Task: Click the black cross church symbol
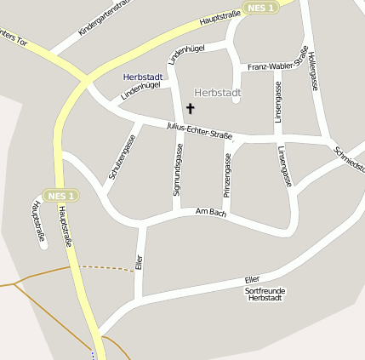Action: click(190, 108)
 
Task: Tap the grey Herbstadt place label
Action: click(218, 92)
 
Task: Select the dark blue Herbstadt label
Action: click(142, 77)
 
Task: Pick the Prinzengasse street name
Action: click(227, 175)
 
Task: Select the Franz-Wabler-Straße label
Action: click(277, 63)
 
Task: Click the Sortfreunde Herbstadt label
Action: click(265, 294)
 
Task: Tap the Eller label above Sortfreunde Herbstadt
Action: click(251, 279)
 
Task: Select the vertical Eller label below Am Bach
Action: click(140, 260)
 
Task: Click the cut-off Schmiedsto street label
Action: click(350, 160)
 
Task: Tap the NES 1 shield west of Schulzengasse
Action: click(61, 196)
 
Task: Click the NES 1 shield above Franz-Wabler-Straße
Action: click(259, 8)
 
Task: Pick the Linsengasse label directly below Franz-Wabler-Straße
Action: click(277, 102)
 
